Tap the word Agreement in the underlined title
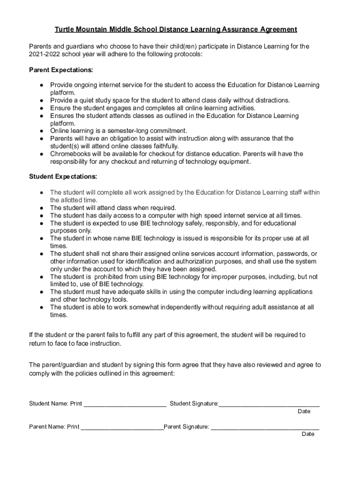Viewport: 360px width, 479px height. [x=274, y=29]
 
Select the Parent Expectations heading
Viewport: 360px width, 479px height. [x=61, y=70]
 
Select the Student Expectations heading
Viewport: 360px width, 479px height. [x=63, y=177]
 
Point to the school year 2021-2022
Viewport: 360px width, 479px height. [x=44, y=54]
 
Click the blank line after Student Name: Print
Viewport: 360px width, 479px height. [x=125, y=404]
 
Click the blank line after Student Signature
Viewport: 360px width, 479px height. [x=269, y=404]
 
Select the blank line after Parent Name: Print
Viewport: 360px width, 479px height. [x=122, y=427]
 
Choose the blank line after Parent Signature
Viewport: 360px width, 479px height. [x=265, y=427]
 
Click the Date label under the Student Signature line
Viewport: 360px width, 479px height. [x=304, y=412]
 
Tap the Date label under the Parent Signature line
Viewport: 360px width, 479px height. [x=308, y=434]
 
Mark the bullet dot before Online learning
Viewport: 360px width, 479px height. [x=42, y=131]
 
